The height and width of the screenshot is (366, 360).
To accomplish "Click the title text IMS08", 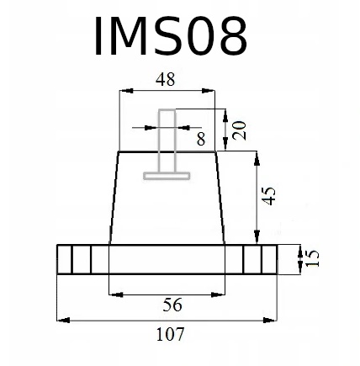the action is pos(171,35).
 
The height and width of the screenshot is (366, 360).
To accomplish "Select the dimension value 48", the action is pos(166,80).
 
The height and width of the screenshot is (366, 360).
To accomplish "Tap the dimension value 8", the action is pos(201,139).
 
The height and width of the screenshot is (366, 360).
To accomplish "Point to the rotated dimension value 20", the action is pos(240,130).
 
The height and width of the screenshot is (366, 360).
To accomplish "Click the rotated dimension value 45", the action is pos(269,196).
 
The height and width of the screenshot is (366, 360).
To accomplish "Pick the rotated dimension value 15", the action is pos(312,258).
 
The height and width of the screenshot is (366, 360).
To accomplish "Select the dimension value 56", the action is pos(172,305).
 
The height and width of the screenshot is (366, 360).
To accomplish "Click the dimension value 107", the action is pos(170,334).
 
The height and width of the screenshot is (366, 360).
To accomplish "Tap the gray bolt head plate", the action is pos(167,176).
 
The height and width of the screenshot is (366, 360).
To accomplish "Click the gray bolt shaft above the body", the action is pos(167,141).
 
